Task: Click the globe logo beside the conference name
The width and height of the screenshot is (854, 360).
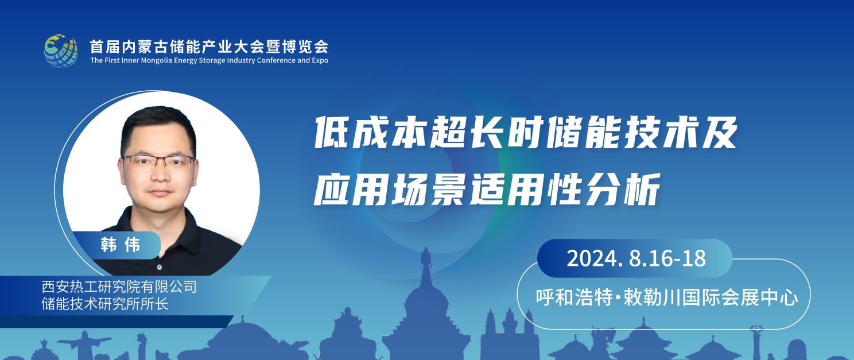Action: coord(61,51)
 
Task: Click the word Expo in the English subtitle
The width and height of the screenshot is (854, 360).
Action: coord(320,61)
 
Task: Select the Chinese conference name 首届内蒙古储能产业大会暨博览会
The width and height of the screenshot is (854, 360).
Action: coord(209,47)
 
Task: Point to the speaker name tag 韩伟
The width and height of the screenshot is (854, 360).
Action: coord(121,245)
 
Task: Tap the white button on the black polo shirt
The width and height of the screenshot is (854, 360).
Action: coord(160,268)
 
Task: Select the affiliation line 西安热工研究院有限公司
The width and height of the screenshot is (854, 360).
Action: coord(119,287)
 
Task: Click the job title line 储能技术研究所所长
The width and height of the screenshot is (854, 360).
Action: coord(105,304)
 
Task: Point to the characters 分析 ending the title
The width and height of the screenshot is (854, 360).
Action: coord(623,189)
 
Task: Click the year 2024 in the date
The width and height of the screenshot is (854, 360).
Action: coord(592,258)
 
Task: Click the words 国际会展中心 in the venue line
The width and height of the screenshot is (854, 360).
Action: coord(740,297)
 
